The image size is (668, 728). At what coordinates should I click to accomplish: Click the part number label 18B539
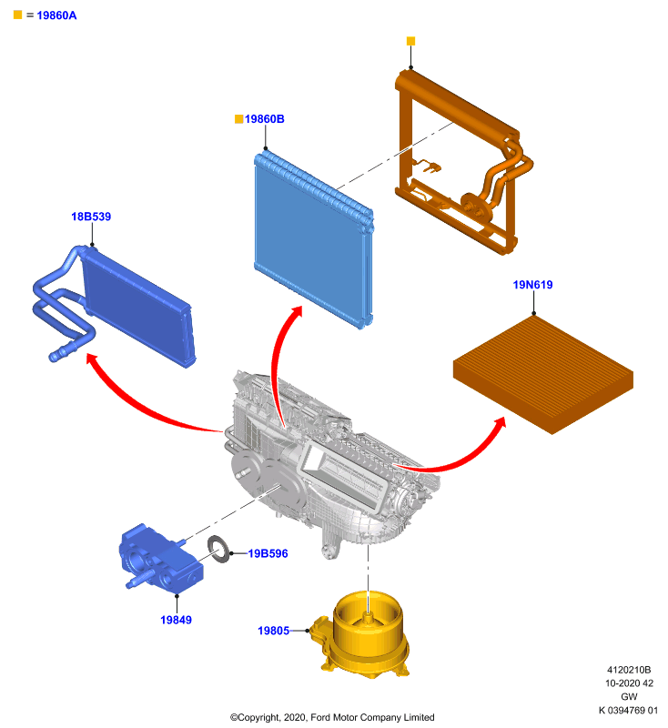pos(91,217)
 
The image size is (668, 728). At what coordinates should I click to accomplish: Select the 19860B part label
pos(264,119)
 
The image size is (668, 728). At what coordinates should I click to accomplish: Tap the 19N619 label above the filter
pos(532,285)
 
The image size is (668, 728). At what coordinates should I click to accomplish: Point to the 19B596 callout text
pos(268,553)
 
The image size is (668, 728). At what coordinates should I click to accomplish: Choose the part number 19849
pos(176,620)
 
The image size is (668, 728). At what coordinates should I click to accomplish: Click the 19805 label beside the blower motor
pos(273,631)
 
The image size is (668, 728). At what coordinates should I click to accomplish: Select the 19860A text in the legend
pos(56,15)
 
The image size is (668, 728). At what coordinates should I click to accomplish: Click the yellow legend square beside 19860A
pos(17,15)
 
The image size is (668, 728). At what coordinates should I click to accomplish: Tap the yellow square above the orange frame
pos(410,41)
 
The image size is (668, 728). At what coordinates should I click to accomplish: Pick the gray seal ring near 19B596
pos(219,550)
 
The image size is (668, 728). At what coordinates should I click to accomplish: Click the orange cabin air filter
pos(543,374)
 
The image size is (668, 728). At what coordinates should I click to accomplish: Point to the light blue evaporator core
pos(313,239)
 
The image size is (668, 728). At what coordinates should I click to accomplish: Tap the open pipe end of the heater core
pos(54,357)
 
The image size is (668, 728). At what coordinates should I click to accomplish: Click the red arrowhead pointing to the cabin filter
pos(500,423)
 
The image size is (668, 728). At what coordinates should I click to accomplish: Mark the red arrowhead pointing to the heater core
pos(93,359)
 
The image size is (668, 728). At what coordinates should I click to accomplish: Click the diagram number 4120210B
pos(629,670)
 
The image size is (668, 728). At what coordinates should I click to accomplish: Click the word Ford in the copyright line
pos(320,717)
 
